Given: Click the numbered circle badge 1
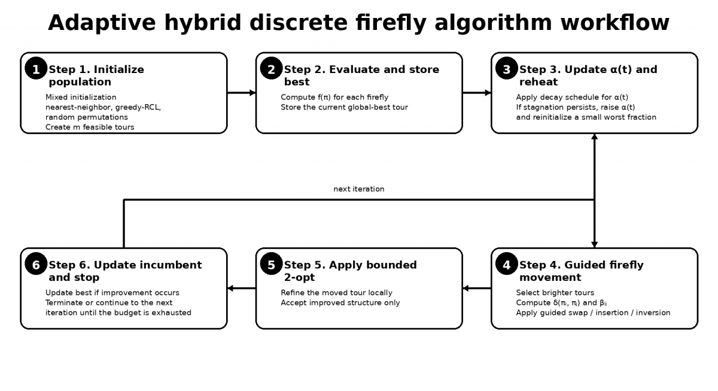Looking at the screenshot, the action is click(x=36, y=68).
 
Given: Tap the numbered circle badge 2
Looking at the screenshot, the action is click(x=271, y=68).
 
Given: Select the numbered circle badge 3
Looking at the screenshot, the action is click(x=506, y=68).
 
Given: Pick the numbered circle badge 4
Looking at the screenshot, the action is click(x=506, y=263).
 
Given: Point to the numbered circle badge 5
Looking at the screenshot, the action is click(x=271, y=263).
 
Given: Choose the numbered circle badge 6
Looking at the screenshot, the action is click(x=36, y=263).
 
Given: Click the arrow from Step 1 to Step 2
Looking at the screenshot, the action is click(x=242, y=93).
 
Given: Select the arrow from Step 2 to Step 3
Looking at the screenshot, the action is click(x=477, y=93).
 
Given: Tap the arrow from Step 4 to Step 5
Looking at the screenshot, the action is click(x=477, y=289).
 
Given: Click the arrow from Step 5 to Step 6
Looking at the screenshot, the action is click(x=242, y=289).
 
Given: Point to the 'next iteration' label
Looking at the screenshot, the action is click(x=358, y=189).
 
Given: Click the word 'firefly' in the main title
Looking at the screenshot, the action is click(x=391, y=23).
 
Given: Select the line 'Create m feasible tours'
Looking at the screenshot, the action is click(x=90, y=128).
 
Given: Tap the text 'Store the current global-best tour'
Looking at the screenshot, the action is click(x=344, y=107).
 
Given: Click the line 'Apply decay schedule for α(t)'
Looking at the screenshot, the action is click(x=572, y=98).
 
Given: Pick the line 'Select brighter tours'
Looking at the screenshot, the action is click(x=555, y=293).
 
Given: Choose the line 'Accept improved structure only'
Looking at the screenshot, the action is click(x=340, y=303).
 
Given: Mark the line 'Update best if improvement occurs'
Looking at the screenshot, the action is click(x=112, y=293).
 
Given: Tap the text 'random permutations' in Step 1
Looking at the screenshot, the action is click(x=87, y=117).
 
